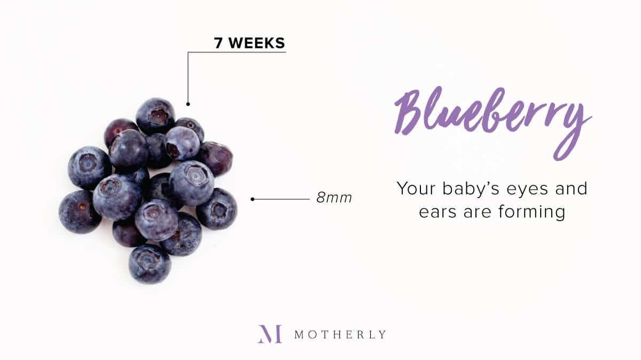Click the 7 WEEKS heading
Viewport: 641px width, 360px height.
[249, 43]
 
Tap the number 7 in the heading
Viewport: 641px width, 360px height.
[218, 43]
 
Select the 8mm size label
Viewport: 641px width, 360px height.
[334, 198]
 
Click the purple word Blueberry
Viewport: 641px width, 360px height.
[493, 123]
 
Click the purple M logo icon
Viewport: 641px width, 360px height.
[270, 334]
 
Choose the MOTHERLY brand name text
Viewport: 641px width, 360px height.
[340, 334]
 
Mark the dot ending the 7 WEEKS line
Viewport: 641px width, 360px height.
[188, 104]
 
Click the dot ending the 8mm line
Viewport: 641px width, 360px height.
[252, 199]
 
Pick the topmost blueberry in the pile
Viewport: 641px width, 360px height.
[155, 115]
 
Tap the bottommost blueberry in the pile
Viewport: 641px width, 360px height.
[150, 264]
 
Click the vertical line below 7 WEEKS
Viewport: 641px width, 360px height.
[188, 77]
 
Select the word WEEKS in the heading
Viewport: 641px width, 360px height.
[257, 43]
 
